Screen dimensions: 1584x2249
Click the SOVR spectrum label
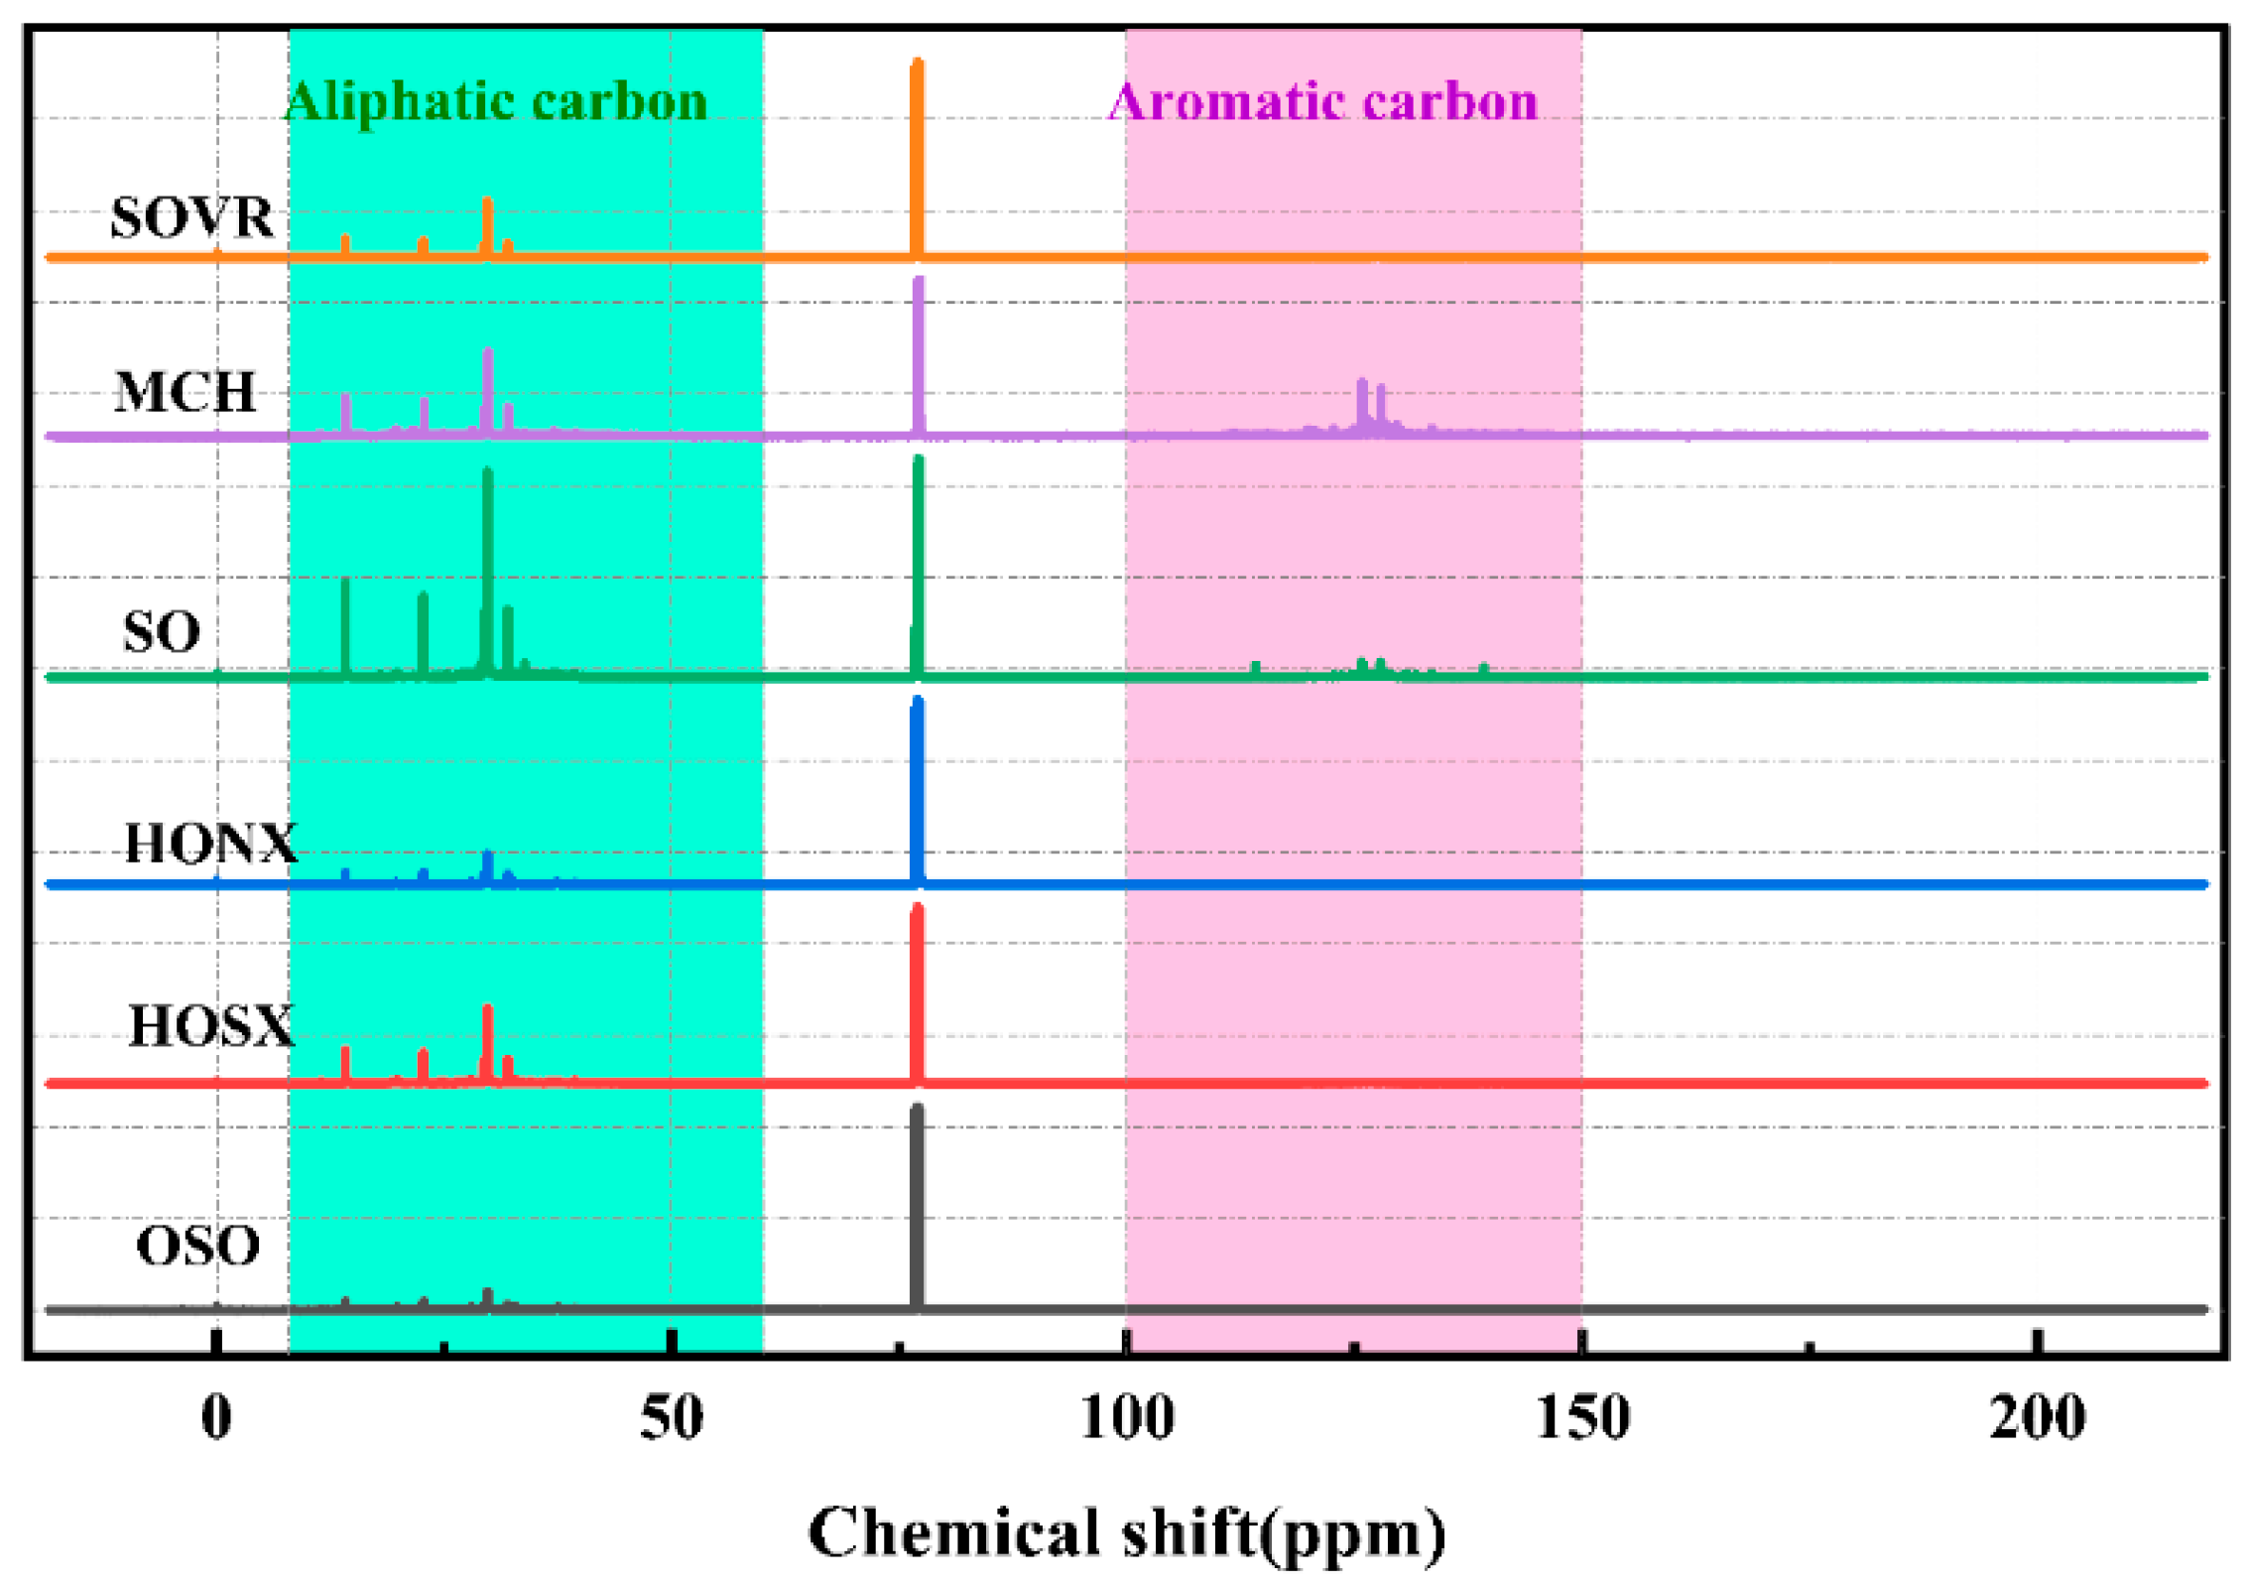click(x=191, y=217)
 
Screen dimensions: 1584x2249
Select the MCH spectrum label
click(x=185, y=392)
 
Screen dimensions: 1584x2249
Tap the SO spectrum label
click(x=162, y=632)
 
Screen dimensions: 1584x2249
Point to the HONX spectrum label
click(x=210, y=844)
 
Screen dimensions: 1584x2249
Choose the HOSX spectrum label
click(x=211, y=1026)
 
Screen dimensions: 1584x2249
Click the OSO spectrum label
click(x=197, y=1246)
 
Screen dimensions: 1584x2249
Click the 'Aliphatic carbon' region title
click(x=496, y=101)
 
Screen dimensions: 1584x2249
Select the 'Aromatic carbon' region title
click(x=1322, y=101)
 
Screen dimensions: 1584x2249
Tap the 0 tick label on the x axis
click(x=216, y=1419)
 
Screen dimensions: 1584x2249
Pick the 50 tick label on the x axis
click(x=672, y=1419)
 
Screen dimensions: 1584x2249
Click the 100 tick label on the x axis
click(x=1127, y=1419)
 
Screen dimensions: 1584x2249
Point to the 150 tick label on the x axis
click(x=1582, y=1419)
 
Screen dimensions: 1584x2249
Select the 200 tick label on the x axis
click(x=2037, y=1419)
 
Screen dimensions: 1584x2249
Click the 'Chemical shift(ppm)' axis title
click(x=1127, y=1532)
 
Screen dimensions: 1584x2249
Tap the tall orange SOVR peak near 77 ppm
click(x=917, y=149)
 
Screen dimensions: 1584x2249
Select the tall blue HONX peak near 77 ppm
click(x=917, y=784)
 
